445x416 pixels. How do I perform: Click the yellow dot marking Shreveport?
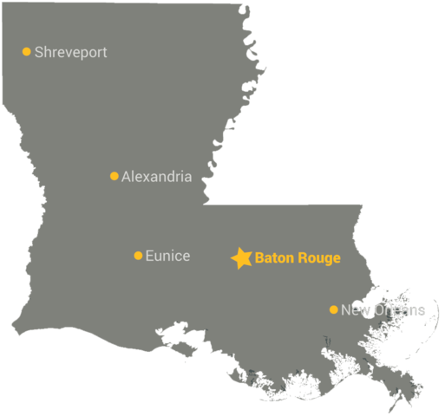(27, 52)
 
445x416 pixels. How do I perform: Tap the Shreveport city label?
(71, 53)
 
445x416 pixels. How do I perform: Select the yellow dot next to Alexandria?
(115, 176)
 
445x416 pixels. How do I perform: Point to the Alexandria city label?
(156, 177)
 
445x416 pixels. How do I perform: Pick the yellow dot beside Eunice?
(138, 256)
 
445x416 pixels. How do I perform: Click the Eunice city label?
(167, 256)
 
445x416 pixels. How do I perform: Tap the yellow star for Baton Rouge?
(241, 257)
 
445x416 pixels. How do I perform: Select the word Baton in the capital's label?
(273, 258)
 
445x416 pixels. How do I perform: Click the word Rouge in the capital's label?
(318, 258)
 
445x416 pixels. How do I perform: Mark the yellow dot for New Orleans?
(334, 309)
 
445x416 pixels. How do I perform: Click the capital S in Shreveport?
(39, 53)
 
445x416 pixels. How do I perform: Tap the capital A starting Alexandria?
(127, 177)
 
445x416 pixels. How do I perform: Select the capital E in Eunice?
(149, 256)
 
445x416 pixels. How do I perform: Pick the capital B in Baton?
(259, 258)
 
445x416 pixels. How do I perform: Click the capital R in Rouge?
(301, 258)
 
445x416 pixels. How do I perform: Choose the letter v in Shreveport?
(70, 54)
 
